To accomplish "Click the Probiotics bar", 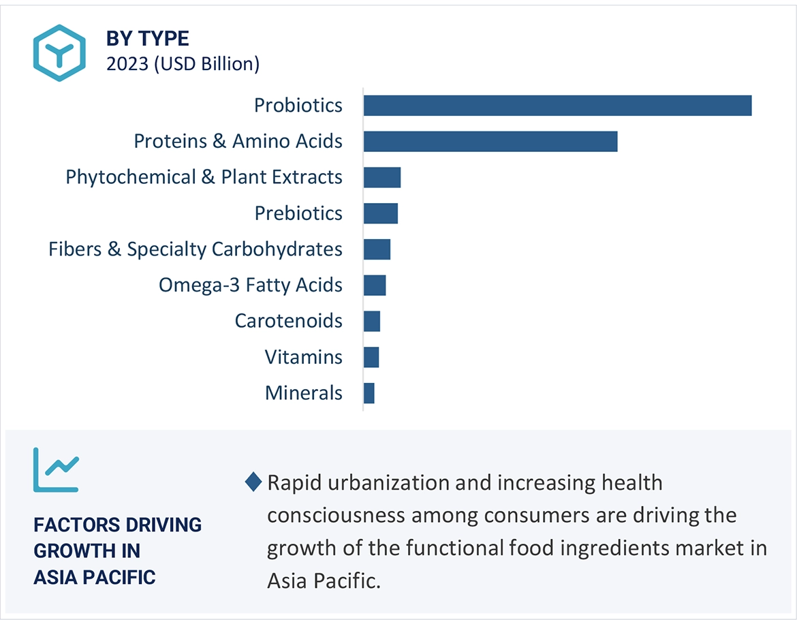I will [x=557, y=106].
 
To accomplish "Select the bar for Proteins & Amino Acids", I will [x=490, y=141].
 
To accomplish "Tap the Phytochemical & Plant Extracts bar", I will [x=382, y=177].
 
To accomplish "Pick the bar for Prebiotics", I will [x=381, y=213].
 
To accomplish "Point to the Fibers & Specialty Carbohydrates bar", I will [x=377, y=249].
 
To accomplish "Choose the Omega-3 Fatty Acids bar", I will [x=375, y=285].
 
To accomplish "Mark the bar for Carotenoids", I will [x=372, y=321].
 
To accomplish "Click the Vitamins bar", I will [x=371, y=357].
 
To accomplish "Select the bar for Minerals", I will [x=369, y=393].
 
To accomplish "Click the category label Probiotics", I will [x=298, y=106].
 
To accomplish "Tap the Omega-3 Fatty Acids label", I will [x=250, y=285].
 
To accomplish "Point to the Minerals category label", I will [x=303, y=393].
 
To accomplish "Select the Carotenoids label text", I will [x=288, y=321].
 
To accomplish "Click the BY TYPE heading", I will [x=147, y=39].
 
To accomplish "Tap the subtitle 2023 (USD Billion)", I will [x=183, y=64].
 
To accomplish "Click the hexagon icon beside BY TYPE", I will [x=59, y=53].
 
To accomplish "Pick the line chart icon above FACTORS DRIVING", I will [x=56, y=469].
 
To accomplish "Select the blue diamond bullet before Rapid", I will [x=253, y=482].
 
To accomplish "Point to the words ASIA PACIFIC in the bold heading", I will [x=95, y=578].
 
